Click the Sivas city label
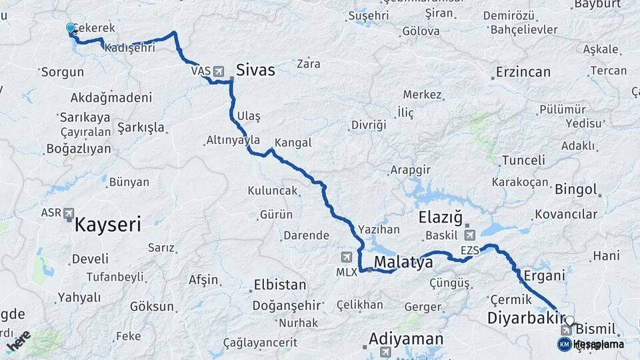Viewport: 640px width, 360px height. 255,70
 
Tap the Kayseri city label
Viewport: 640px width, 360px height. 107,225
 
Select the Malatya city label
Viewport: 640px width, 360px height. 403,263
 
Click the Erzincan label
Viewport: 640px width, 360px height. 523,72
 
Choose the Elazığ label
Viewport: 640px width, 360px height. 440,217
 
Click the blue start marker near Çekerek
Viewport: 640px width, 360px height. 71,28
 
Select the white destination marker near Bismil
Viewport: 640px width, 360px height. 569,320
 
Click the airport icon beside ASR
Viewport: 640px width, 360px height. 69,213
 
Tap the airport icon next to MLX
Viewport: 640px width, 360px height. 345,257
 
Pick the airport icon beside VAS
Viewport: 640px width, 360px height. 218,71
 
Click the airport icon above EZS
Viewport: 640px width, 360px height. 470,235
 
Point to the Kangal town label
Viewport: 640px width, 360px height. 293,143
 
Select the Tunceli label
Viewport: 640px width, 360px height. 523,160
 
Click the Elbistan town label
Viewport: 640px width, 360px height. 279,285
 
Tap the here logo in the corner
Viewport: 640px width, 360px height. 19,341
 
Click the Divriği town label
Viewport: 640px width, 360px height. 369,125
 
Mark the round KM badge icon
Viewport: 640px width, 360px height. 564,344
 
